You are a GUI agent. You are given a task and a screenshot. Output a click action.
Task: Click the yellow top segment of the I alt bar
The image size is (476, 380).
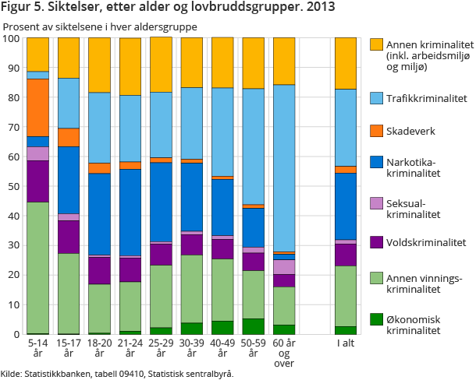point(346,63)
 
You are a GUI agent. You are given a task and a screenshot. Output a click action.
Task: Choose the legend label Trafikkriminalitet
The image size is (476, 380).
point(428,98)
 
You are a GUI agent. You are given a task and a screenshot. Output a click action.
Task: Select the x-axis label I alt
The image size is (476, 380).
point(346,343)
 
